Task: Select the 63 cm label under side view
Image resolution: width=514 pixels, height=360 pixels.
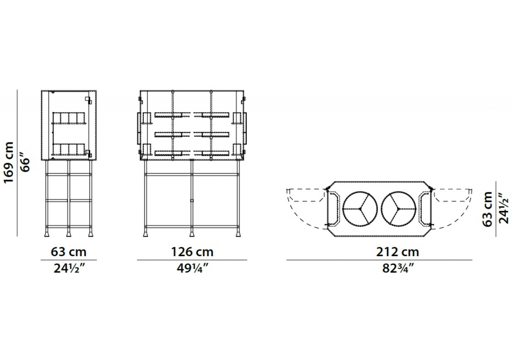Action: coord(68,252)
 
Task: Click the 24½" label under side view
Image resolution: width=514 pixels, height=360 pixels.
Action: coord(69,268)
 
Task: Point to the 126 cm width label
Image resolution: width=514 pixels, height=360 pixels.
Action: coord(192,252)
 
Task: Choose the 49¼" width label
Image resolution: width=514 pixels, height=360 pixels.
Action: coord(192,268)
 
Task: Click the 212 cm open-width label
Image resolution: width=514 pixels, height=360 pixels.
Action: coord(397,252)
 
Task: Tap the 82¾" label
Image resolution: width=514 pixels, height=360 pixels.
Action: coord(397,268)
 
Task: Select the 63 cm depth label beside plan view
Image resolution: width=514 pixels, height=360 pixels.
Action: coord(487,209)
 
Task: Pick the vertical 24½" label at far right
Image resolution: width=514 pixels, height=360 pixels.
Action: coord(504,208)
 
